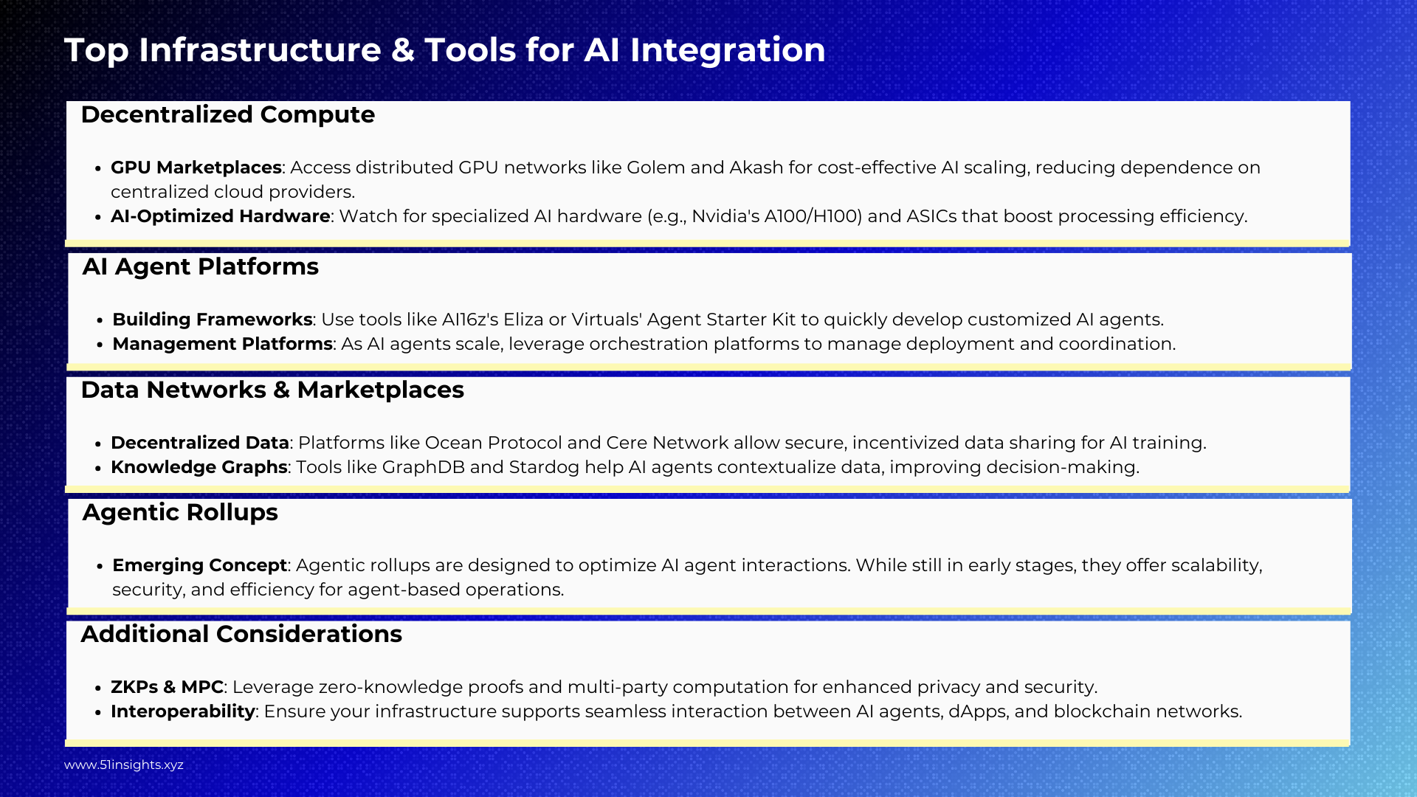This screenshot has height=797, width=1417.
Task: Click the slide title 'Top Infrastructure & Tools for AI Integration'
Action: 445,50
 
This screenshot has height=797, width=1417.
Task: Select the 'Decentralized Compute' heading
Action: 228,115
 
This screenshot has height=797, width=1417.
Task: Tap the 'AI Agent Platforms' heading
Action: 201,267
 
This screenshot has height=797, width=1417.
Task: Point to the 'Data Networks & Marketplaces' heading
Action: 272,390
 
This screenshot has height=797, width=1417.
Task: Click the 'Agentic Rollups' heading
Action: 180,513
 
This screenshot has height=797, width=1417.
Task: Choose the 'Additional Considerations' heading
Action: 241,635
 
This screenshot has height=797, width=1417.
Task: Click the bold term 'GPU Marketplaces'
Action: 196,168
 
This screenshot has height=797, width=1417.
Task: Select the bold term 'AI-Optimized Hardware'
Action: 221,216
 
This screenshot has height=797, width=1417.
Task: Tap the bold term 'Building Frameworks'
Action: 213,320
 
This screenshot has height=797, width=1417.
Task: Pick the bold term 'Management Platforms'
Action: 222,344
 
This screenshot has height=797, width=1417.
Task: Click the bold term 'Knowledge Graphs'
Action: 199,467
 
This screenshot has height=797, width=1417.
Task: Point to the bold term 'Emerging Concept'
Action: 199,565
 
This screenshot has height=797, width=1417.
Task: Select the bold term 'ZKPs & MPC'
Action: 167,687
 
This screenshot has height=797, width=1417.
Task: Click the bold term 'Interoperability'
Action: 183,711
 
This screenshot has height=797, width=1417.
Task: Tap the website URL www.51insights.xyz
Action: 124,765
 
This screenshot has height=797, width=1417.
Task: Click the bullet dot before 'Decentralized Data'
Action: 98,444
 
